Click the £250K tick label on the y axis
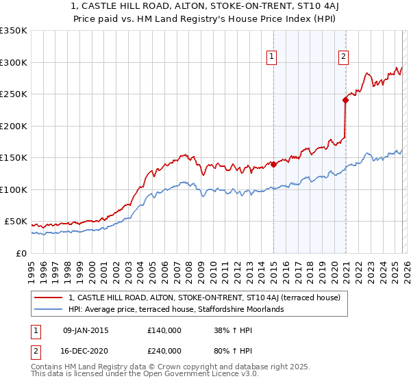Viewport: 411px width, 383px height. tap(13, 94)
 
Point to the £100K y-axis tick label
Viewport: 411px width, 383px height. tap(13, 189)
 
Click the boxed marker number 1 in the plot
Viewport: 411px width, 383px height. tap(272, 57)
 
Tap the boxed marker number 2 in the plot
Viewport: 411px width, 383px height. tap(343, 57)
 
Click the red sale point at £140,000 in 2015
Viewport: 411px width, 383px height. tap(273, 164)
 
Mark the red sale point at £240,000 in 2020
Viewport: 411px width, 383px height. tap(345, 101)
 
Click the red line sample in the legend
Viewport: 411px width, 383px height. tap(49, 298)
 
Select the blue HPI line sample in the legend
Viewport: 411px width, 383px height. tap(49, 309)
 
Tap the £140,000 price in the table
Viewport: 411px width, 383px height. tap(164, 330)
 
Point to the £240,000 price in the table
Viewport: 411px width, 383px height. tap(164, 350)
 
